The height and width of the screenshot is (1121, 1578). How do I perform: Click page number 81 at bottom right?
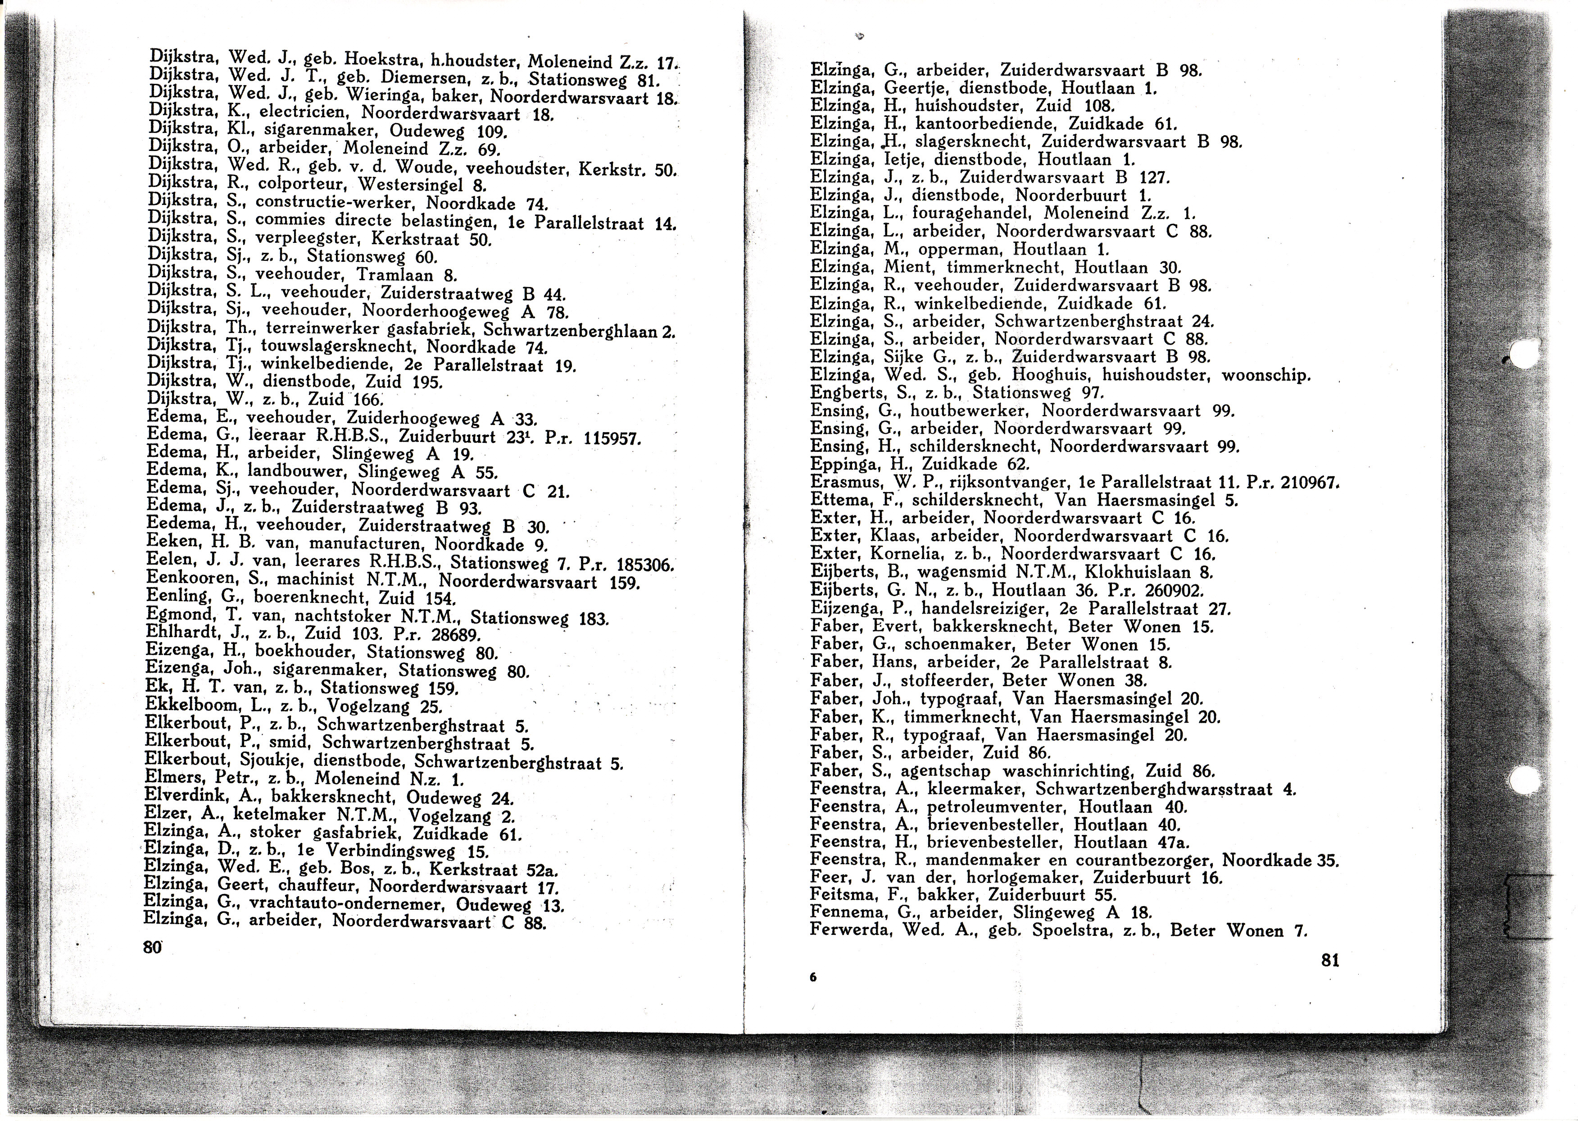pos(1329,960)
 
